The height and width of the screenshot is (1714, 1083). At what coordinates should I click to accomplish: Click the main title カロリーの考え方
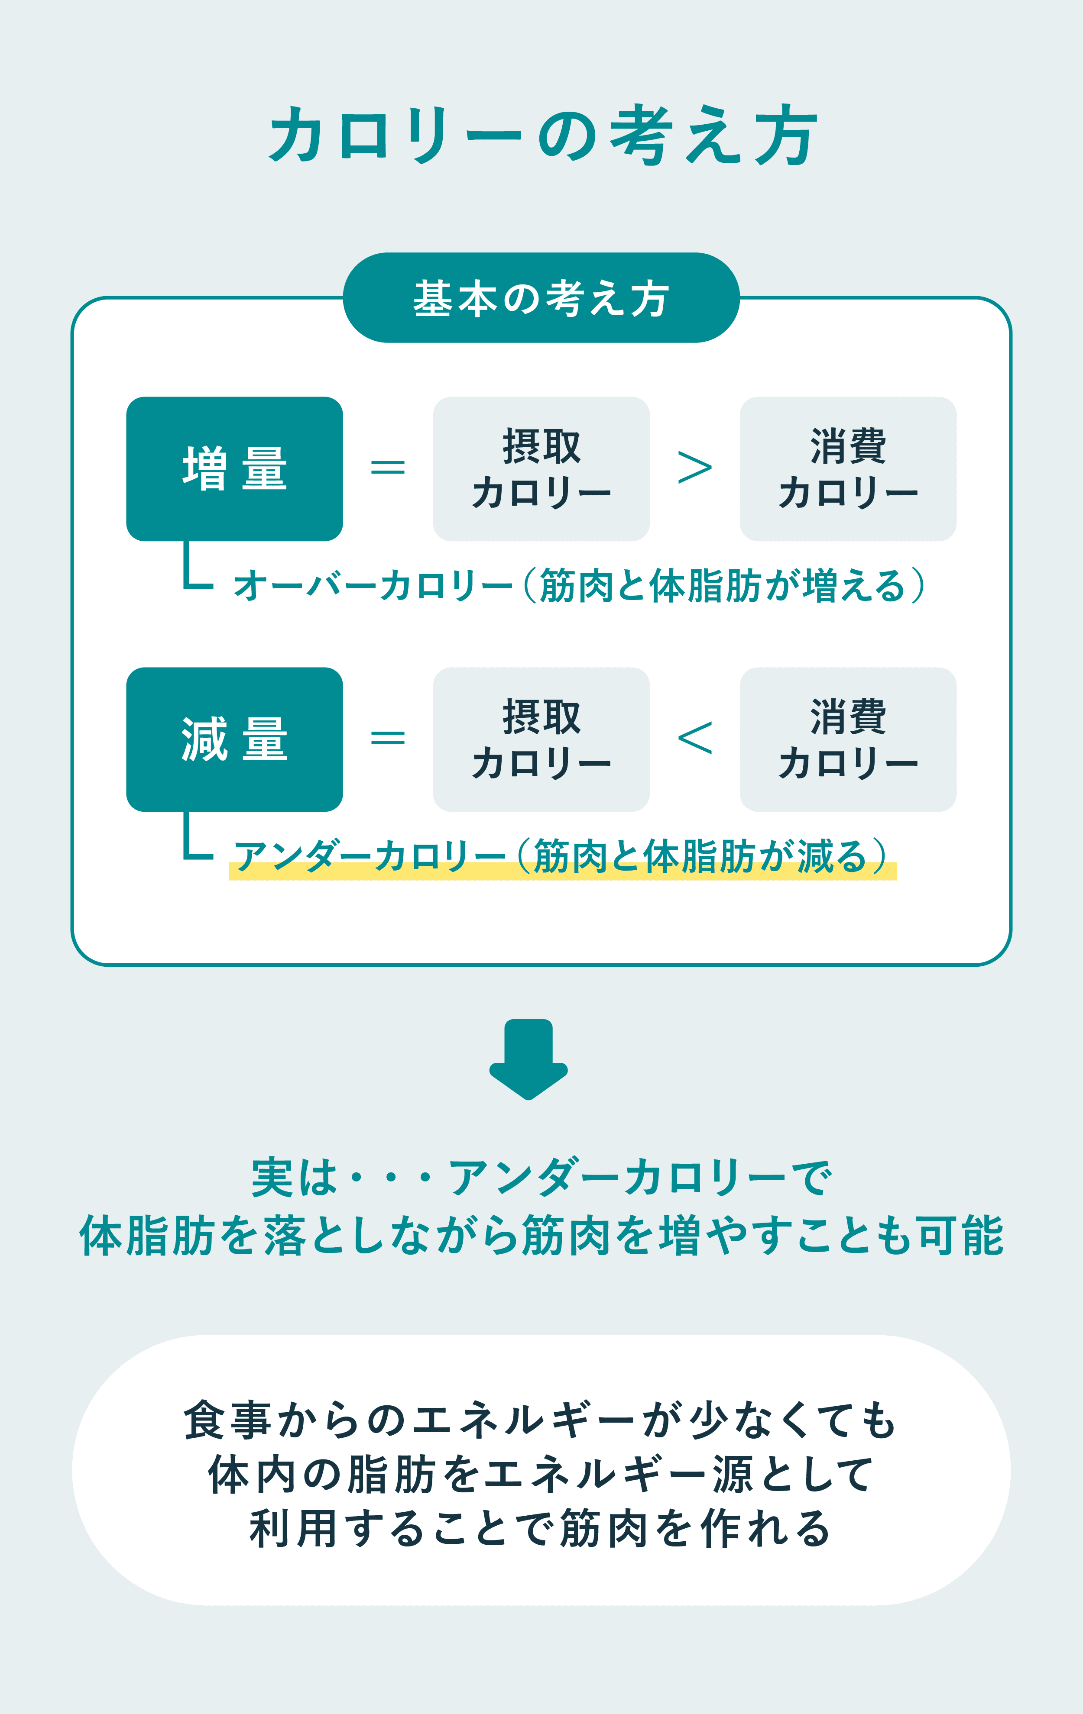tap(542, 135)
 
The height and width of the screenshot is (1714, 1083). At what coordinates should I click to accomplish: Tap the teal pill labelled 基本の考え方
tap(541, 297)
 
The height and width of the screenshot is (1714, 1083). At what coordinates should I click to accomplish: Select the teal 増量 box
tap(234, 468)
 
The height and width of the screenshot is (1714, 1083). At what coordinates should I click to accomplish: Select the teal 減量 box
tap(234, 739)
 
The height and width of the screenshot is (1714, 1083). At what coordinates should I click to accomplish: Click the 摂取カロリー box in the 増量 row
tap(541, 468)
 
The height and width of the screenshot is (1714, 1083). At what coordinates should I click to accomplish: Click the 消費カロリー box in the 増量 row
tap(848, 468)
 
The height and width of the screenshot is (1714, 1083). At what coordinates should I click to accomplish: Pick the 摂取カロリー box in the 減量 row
tap(541, 739)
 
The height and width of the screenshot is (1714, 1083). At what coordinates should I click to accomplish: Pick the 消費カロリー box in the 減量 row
tap(848, 739)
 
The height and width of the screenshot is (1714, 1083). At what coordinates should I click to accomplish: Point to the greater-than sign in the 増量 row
tap(694, 468)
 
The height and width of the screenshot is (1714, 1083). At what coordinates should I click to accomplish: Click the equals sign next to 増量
tap(388, 468)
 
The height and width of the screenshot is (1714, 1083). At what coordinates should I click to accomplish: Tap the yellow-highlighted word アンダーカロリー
tap(370, 855)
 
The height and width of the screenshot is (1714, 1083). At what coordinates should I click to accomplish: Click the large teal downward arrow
tap(529, 1059)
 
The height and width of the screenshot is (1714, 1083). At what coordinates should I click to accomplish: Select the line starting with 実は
tap(541, 1178)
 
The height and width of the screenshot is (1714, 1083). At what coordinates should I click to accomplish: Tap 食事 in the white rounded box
tap(227, 1420)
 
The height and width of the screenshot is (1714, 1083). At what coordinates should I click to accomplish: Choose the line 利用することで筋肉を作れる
tap(540, 1528)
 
